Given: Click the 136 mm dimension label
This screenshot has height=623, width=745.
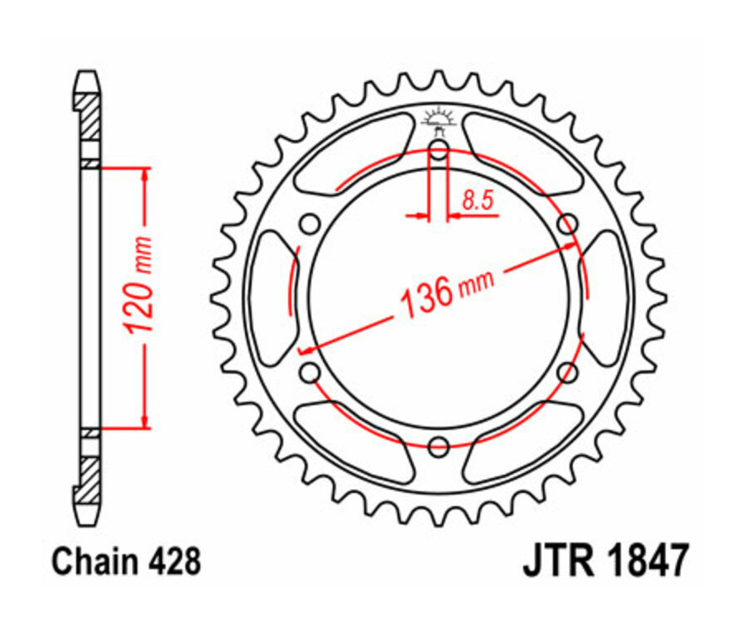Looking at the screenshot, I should coord(446,290).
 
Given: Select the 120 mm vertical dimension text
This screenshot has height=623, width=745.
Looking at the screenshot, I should coord(138,286).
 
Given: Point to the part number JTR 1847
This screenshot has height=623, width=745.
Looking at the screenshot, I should coord(604,561).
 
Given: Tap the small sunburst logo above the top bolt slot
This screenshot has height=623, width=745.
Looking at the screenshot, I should coord(439,118).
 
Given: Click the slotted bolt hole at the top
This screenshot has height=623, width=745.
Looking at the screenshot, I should coord(439,152).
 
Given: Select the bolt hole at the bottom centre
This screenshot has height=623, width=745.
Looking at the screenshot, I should coord(439,447).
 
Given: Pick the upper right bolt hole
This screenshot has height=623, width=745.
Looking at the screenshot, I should coord(568,225).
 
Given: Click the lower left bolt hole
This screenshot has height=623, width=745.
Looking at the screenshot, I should coord(310,373).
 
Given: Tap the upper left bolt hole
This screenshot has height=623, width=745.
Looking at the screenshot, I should coord(310,225).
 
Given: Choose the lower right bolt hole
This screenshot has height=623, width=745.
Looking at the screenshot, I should coord(568,373).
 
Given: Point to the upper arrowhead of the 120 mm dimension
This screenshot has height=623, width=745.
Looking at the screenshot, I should coord(146,175).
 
